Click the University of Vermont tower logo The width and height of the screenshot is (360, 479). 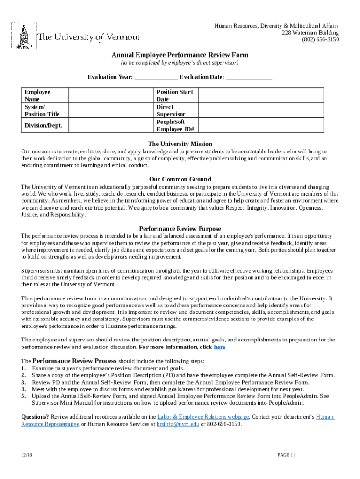(x=23, y=36)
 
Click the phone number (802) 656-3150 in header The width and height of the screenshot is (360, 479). (x=320, y=40)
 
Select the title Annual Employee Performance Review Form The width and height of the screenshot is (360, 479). (x=180, y=55)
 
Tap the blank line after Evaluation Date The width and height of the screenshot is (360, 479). (x=249, y=78)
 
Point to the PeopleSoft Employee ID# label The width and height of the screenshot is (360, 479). (x=175, y=125)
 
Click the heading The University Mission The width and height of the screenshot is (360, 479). (x=180, y=144)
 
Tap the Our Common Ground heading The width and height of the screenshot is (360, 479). (x=180, y=179)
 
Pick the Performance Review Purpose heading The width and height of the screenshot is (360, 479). (x=180, y=229)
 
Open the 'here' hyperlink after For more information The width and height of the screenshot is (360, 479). (x=219, y=347)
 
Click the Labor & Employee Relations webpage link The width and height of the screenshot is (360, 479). (x=203, y=416)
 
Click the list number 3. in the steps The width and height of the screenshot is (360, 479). (x=23, y=382)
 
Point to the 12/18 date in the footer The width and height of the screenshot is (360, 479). (x=26, y=455)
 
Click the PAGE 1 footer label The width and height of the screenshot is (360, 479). (x=286, y=455)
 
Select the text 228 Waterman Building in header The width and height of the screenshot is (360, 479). (x=310, y=33)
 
